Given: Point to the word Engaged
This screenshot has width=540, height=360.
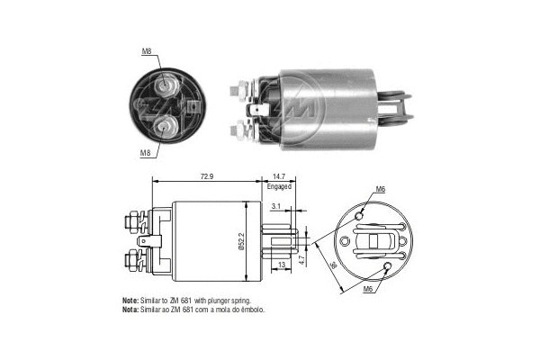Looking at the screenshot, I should pos(279,186).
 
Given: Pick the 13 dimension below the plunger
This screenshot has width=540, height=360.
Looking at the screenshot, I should pos(283,264).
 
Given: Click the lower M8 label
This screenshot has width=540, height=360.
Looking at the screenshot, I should pos(146,153).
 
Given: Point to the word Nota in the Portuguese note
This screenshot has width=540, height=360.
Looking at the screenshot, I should pos(130,309).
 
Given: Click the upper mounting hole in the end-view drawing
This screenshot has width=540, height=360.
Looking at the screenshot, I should pos(361,216).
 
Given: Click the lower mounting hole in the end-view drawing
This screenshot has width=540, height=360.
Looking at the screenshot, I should pos(387,267).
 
